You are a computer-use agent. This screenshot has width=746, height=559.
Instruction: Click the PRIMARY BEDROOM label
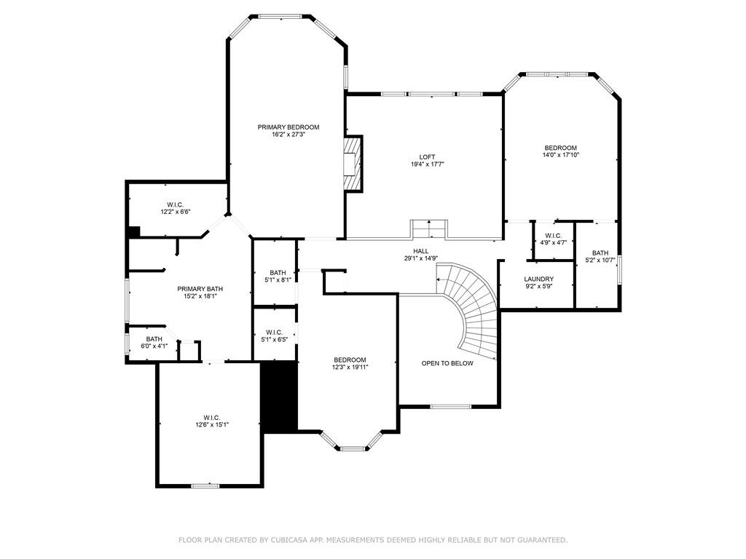point(288,127)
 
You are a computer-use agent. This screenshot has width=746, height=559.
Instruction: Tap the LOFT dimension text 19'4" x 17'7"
point(427,164)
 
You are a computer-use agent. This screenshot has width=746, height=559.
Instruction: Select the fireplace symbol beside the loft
point(353,164)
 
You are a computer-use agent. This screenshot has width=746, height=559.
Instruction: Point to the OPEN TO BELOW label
point(447,363)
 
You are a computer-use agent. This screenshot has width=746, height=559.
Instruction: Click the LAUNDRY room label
point(538,279)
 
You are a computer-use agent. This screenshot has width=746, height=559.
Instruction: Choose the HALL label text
point(420,251)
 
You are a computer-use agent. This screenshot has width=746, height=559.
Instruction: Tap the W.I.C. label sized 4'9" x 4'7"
point(553,235)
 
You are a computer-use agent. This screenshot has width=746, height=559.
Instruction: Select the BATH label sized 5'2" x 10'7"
point(600,253)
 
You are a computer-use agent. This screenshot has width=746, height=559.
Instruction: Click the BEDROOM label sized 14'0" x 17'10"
point(560,148)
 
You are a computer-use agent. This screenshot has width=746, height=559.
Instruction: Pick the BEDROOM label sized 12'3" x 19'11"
point(350,360)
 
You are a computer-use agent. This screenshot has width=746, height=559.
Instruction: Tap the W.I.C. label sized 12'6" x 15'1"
point(208,417)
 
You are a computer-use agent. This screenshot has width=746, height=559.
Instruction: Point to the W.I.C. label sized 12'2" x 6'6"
point(174,205)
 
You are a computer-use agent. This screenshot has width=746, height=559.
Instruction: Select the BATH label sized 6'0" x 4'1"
point(154,338)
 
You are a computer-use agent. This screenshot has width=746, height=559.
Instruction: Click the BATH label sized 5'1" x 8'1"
point(277,272)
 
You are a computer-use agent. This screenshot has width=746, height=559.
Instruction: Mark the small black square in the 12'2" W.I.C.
point(133,231)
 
